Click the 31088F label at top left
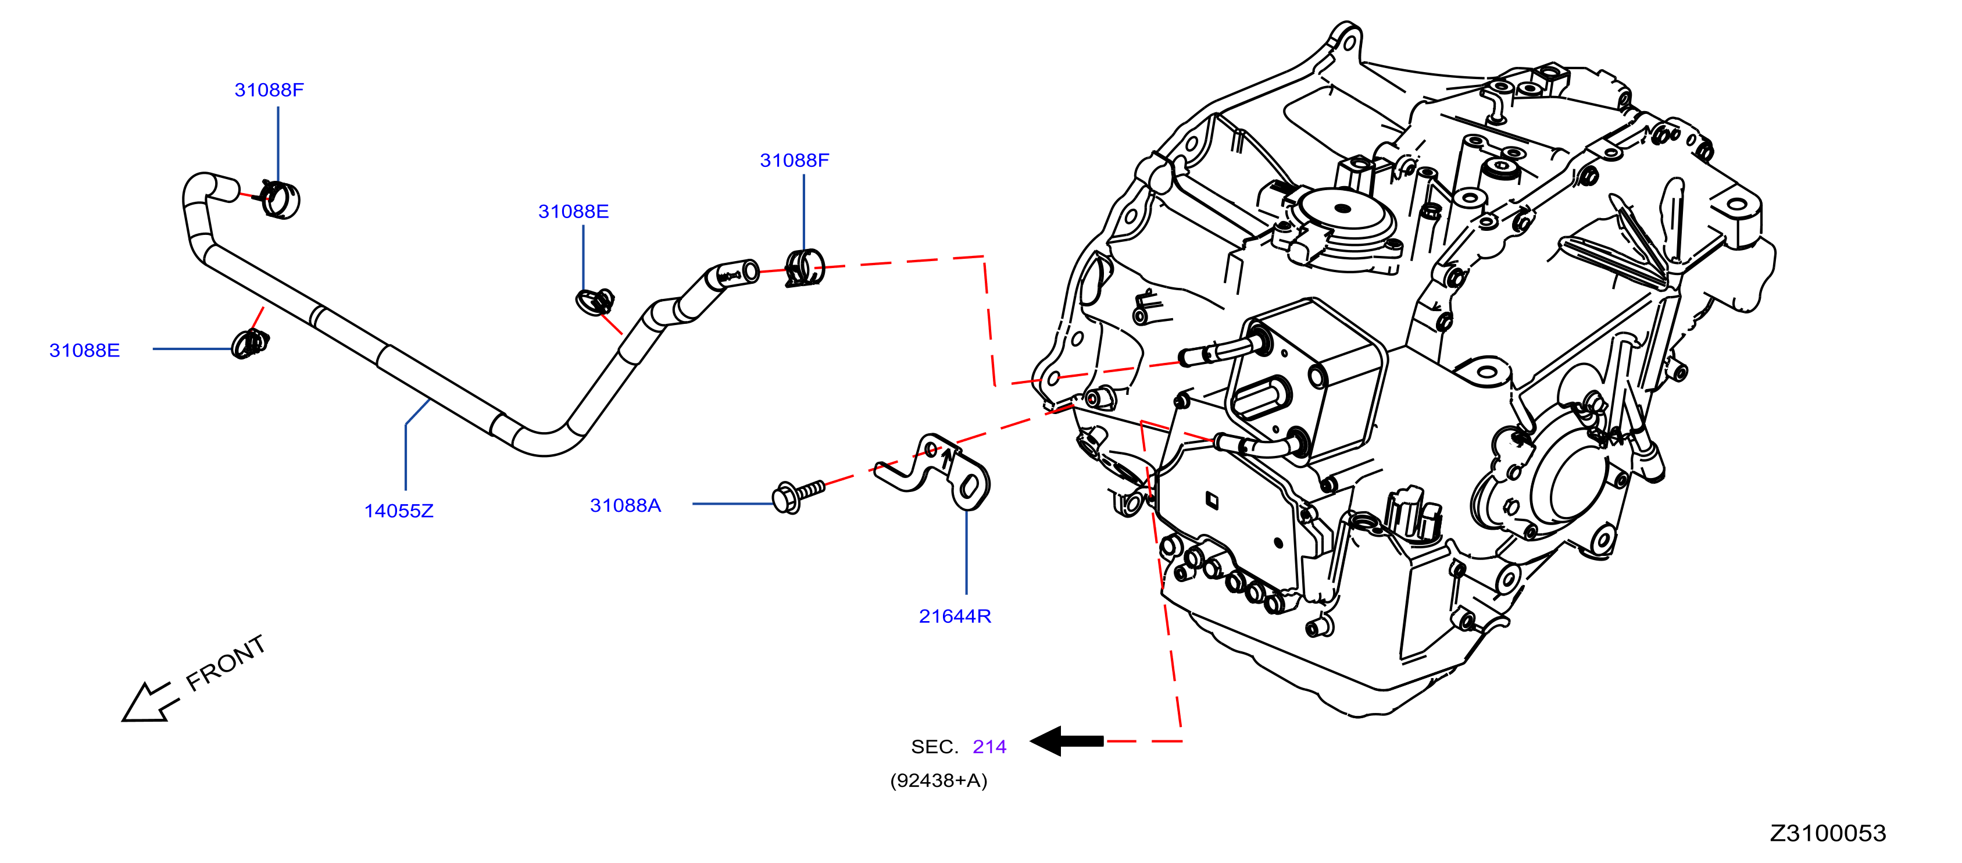tap(269, 90)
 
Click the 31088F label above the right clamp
tap(795, 160)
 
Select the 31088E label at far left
tap(84, 351)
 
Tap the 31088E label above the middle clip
tap(574, 211)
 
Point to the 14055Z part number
tap(399, 511)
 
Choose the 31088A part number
tap(626, 505)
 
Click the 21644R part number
tap(955, 616)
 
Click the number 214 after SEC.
tap(989, 747)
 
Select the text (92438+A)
tap(938, 781)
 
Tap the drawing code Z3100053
tap(1828, 833)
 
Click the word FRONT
tap(226, 663)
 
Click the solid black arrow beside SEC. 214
tap(1066, 741)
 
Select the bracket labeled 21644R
tap(934, 472)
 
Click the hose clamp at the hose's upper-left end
tap(280, 199)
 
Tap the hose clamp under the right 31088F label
tap(805, 268)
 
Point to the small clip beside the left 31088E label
tap(251, 344)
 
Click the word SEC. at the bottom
tap(935, 747)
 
